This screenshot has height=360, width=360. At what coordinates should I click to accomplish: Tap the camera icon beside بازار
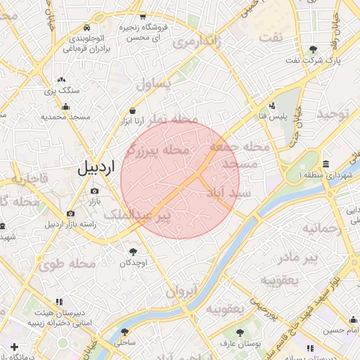pos(95,191)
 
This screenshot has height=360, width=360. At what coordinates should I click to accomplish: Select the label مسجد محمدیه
pos(65,117)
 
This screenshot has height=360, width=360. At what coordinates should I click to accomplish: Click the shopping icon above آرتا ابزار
pos(133,110)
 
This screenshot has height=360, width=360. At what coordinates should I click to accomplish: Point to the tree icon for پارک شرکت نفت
pos(313,49)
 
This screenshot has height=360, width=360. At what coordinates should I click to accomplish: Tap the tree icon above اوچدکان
pos(133,251)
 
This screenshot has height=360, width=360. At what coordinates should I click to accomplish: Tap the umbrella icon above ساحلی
pos(124,332)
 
